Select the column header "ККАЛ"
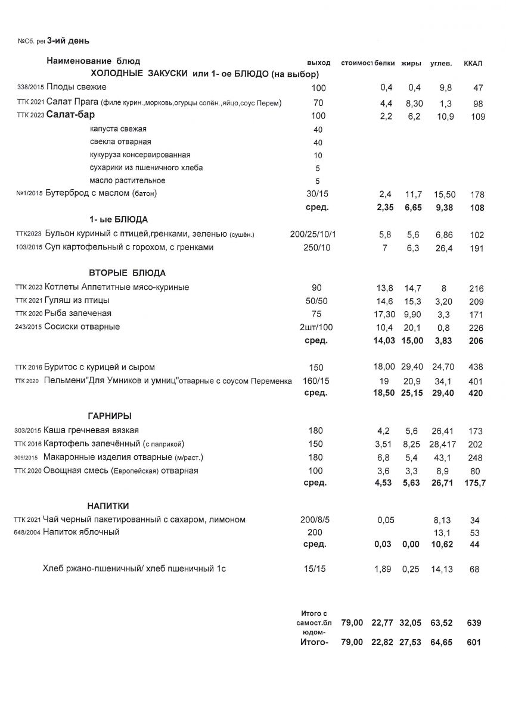[x=473, y=63]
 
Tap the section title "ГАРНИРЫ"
[x=110, y=416]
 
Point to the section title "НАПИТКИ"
[x=108, y=506]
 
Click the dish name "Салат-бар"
[x=71, y=115]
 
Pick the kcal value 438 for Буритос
[x=474, y=367]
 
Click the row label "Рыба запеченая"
[x=78, y=314]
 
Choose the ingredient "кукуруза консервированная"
[x=140, y=155]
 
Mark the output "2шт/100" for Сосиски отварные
[x=318, y=327]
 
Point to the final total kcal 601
[x=474, y=643]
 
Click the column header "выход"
[x=318, y=63]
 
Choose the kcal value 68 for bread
[x=474, y=569]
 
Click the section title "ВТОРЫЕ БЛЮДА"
[x=127, y=273]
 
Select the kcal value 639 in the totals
[x=474, y=623]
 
